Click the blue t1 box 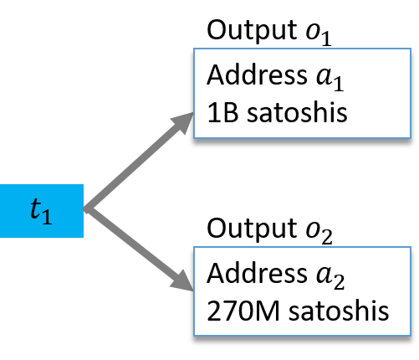point(41,210)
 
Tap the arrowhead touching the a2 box point(181,280)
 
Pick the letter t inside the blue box point(35,209)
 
